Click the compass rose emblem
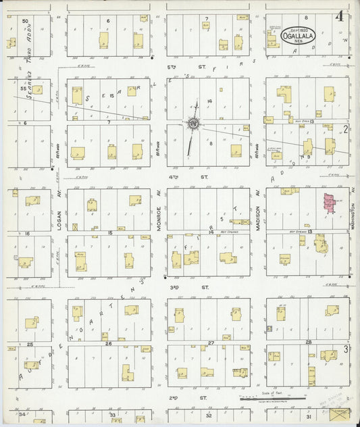(193, 124)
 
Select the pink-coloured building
(330, 204)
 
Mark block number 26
(108, 344)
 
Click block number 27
(211, 343)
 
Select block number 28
(308, 343)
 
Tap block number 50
(25, 22)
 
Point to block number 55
(23, 89)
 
